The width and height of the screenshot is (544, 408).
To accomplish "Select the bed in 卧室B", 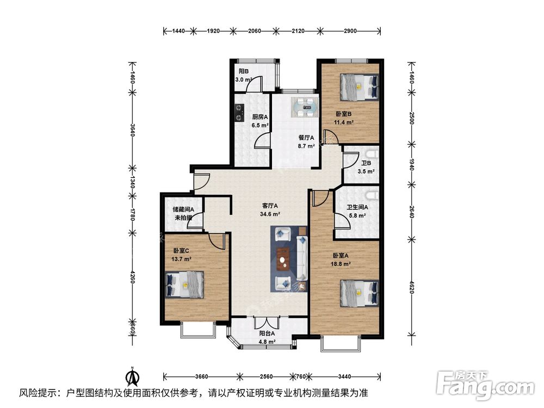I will (x=359, y=87).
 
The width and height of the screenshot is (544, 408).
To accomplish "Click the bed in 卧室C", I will (x=185, y=285).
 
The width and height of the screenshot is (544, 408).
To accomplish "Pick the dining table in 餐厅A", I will (x=304, y=107).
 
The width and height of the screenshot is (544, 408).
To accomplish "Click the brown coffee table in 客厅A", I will (x=282, y=259).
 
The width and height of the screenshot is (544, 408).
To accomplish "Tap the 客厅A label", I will (x=270, y=206).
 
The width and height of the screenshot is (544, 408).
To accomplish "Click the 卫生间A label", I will (x=358, y=207).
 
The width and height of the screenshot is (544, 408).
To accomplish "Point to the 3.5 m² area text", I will (x=366, y=172).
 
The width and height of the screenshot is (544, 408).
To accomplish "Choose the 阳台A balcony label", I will (x=267, y=334).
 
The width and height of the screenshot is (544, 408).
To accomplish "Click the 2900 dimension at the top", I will (x=350, y=31).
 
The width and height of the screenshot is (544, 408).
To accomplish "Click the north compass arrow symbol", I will (x=131, y=376).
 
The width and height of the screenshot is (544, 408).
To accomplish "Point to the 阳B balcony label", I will (x=243, y=71).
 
